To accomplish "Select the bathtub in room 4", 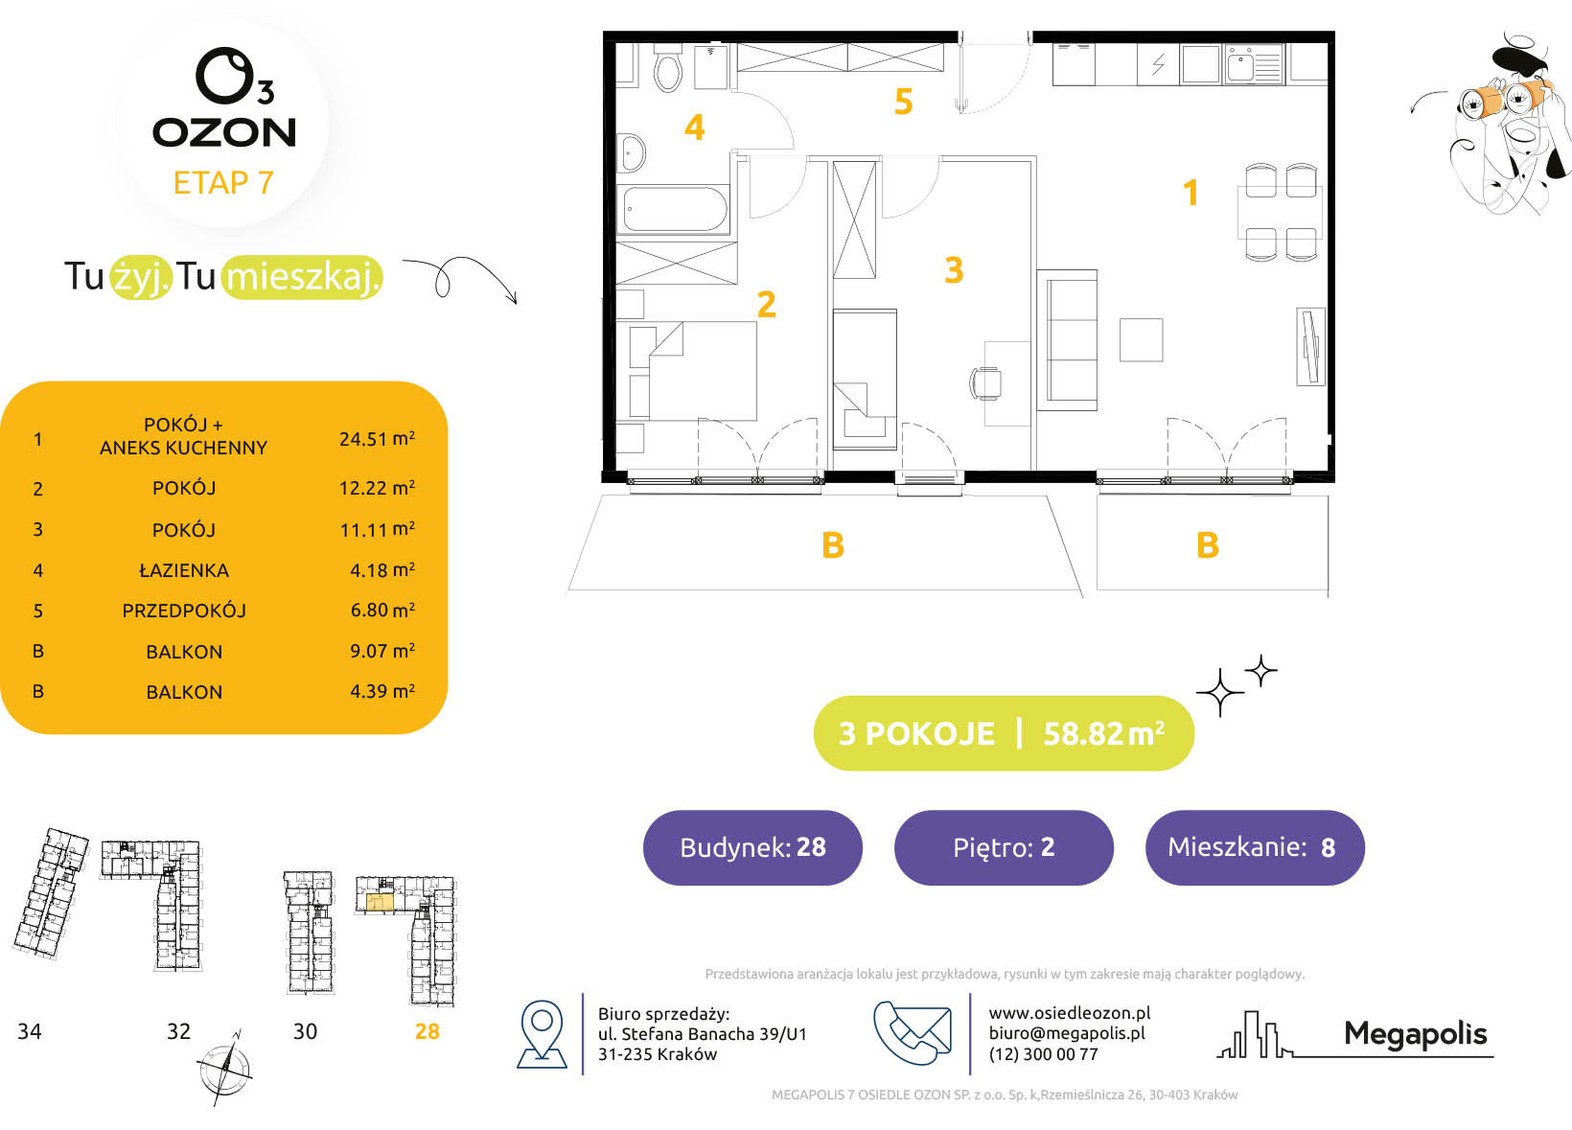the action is (675, 208).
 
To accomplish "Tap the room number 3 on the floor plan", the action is (954, 269).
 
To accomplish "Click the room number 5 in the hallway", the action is (903, 102).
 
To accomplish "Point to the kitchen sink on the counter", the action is (1254, 64).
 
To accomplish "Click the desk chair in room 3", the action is (985, 383).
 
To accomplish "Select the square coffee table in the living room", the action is (1141, 339).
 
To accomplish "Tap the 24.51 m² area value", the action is (378, 439).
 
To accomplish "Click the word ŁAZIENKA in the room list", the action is (184, 570).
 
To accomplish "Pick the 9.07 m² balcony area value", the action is (382, 651).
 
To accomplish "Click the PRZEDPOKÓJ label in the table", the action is (184, 611).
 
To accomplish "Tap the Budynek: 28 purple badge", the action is (752, 847).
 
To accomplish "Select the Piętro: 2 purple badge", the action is (1004, 847).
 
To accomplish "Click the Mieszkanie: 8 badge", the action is (1255, 847).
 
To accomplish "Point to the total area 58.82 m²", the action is (1104, 733).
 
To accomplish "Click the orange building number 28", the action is (427, 1031).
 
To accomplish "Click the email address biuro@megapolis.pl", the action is (1067, 1033).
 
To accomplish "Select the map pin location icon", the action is (542, 1034).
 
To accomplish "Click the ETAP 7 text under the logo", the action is (223, 182).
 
